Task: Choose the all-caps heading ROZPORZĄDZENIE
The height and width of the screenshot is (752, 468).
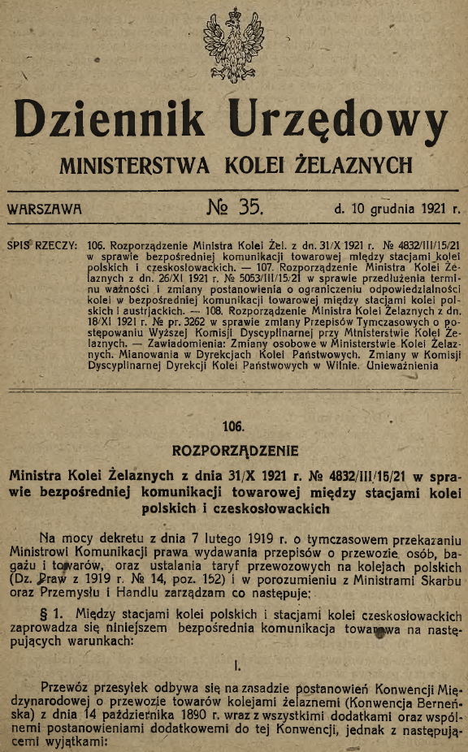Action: click(236, 450)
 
